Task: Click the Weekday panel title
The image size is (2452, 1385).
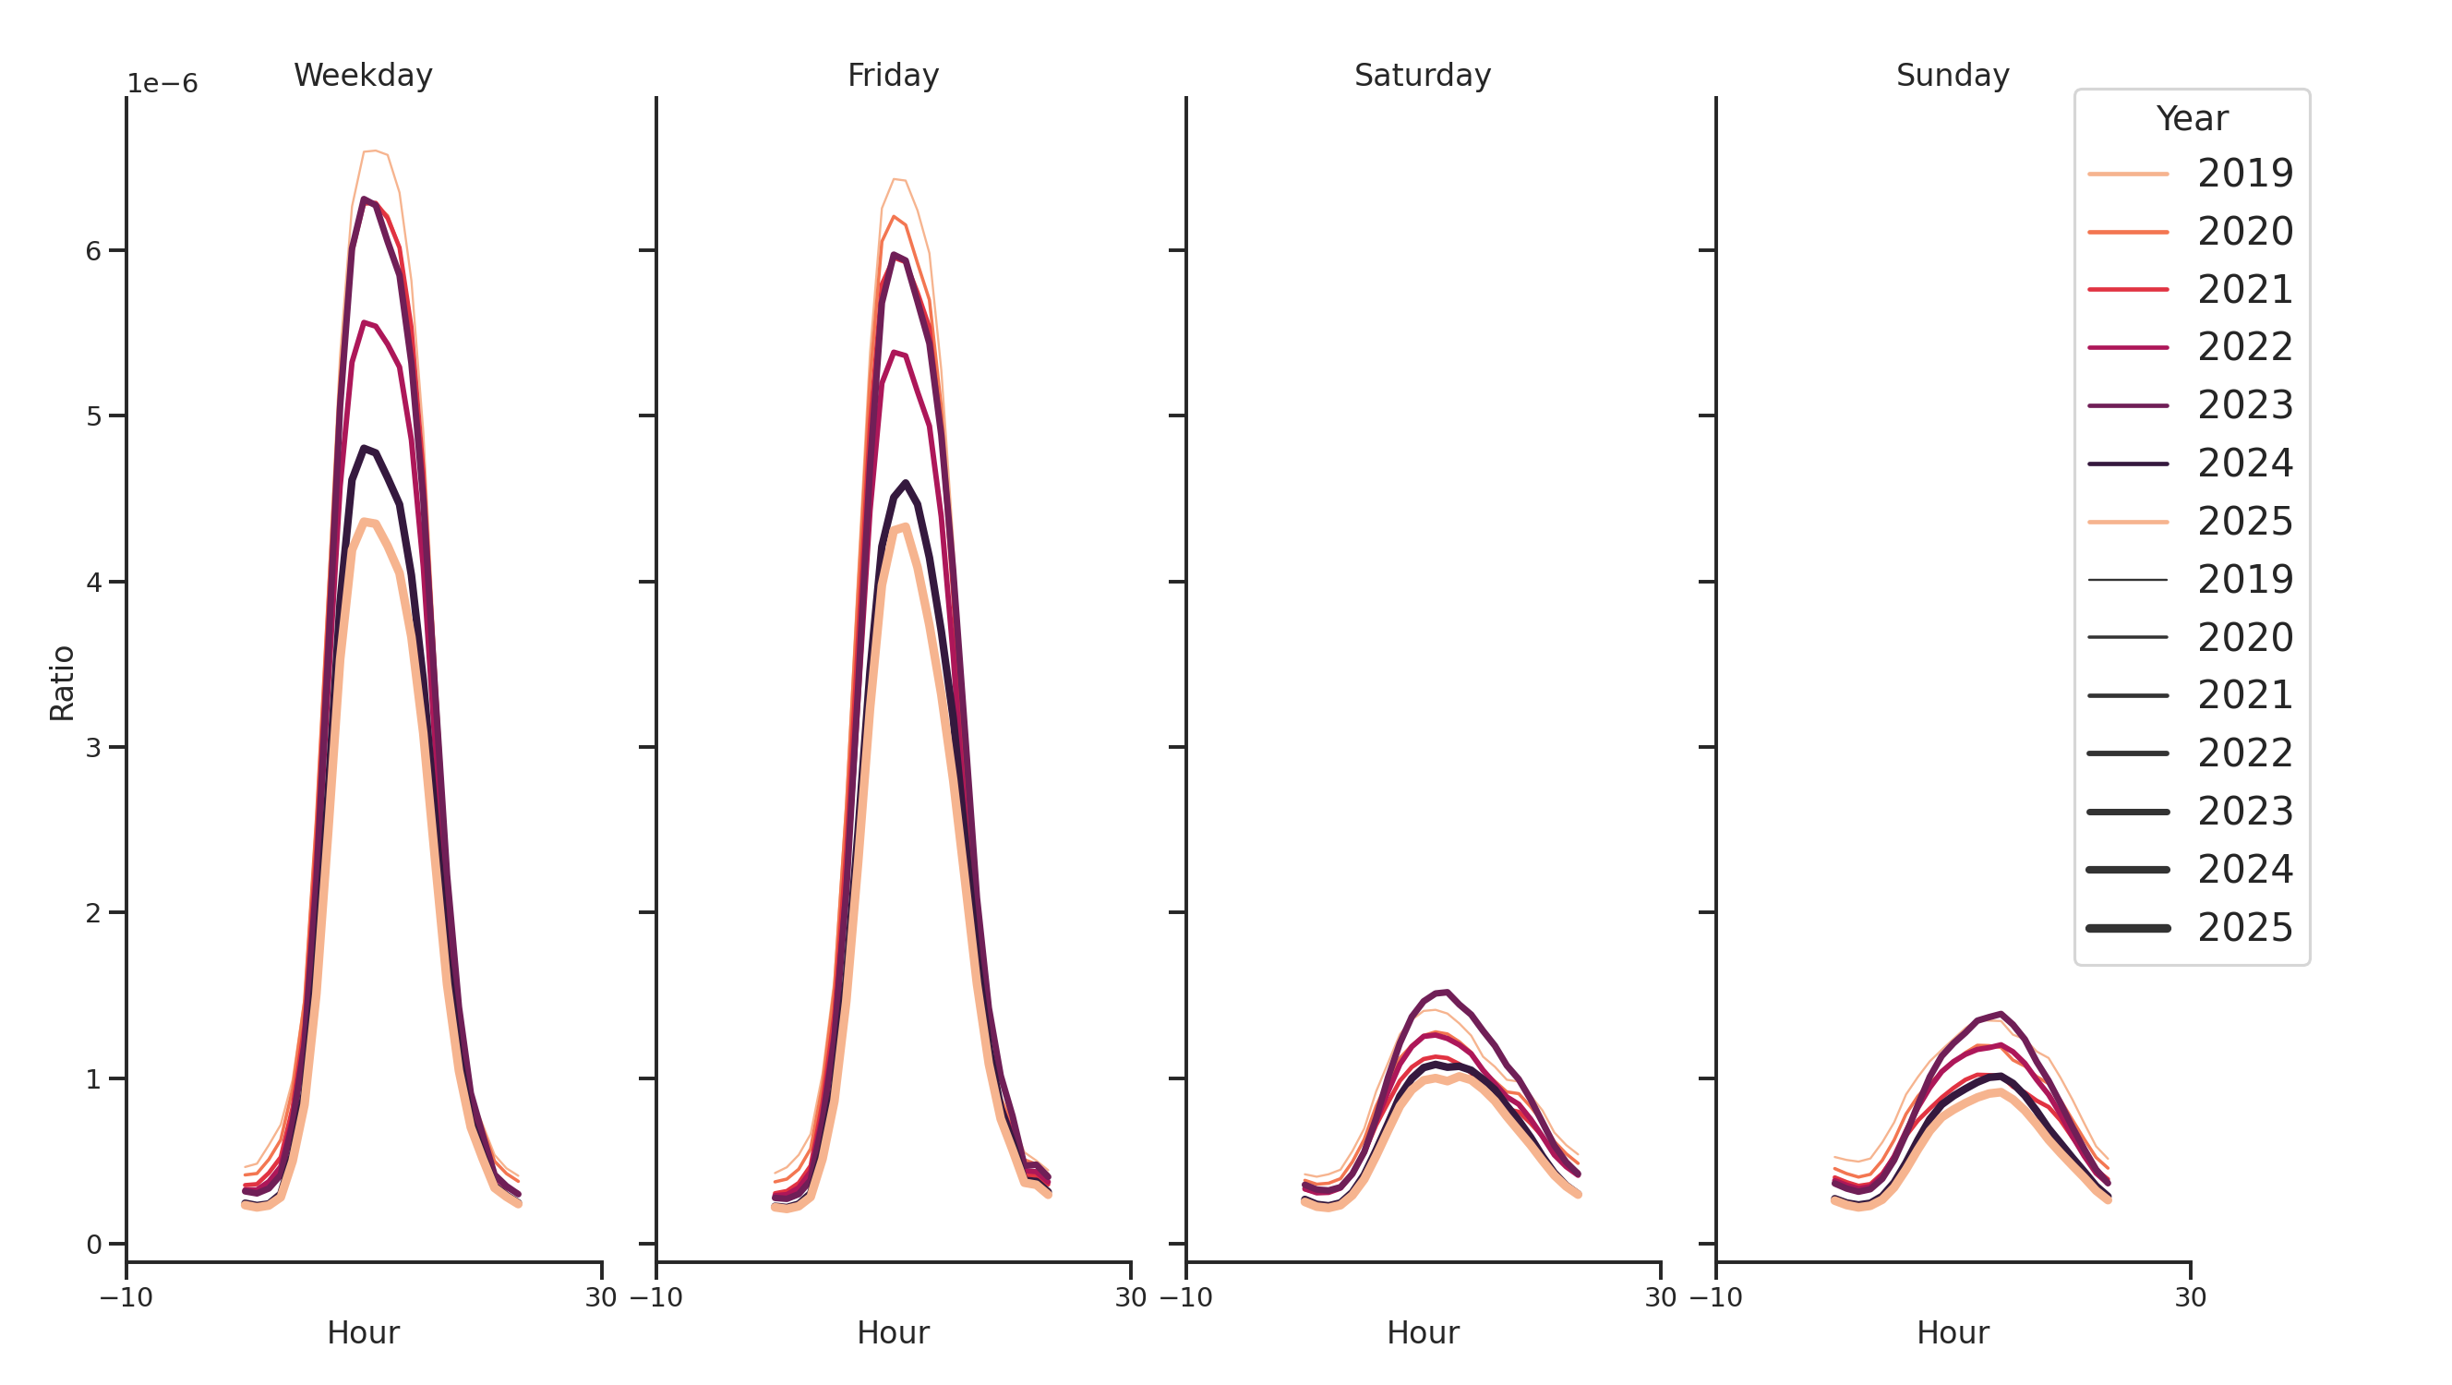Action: point(363,75)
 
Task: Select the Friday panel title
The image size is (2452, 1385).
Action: point(893,75)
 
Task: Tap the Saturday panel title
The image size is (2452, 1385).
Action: point(1422,75)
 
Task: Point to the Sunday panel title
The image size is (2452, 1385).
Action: point(1953,75)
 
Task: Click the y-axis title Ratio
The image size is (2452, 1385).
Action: point(62,682)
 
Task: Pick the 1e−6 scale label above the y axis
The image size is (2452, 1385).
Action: point(162,84)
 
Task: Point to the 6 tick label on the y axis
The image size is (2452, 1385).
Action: point(93,251)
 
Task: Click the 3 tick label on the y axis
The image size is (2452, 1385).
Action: point(93,748)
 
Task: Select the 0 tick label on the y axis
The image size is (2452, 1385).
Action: point(93,1245)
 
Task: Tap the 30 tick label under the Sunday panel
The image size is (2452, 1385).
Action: point(2190,1297)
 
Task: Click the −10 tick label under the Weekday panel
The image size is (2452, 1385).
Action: point(126,1297)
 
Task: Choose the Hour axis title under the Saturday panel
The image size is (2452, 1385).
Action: point(1422,1332)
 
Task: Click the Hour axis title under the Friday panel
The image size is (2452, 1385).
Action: point(893,1332)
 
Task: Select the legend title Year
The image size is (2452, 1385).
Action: point(2191,119)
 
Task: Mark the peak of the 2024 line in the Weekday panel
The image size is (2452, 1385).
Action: point(365,448)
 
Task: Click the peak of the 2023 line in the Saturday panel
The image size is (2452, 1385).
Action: point(1447,992)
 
